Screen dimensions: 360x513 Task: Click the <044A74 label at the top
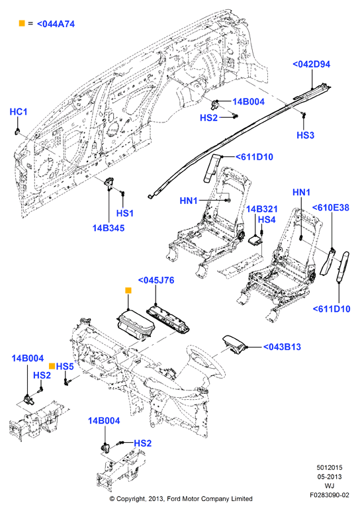pos(56,24)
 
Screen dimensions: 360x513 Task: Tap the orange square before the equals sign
pos(22,23)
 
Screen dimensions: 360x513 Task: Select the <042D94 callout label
pos(311,64)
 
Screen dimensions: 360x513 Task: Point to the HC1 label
pos(19,112)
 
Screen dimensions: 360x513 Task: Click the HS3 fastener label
pos(305,135)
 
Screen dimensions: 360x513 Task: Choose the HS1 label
pos(125,213)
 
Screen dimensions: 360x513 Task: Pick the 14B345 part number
pos(109,228)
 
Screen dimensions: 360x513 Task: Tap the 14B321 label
pos(261,209)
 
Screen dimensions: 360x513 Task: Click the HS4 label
pos(267,220)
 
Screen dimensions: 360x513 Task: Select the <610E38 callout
pos(330,207)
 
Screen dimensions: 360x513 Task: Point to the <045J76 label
pos(156,281)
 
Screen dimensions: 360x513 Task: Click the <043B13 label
pos(282,347)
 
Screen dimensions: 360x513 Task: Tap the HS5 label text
pos(65,367)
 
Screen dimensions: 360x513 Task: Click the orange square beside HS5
pos(52,366)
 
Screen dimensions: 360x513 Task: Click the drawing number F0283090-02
pos(330,495)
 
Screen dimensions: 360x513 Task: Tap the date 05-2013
pos(330,477)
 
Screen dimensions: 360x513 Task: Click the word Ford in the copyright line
pos(174,499)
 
